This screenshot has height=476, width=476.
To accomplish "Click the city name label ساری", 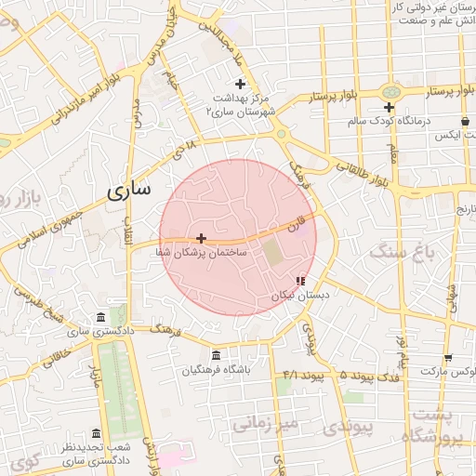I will pyautogui.click(x=127, y=192).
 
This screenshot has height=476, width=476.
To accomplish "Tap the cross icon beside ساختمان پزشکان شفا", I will pyautogui.click(x=201, y=238).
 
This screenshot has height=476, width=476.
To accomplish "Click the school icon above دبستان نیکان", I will pyautogui.click(x=299, y=280).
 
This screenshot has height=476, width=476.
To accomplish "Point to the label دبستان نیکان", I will pyautogui.click(x=299, y=294).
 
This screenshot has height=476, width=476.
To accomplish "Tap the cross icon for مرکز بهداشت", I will pyautogui.click(x=240, y=85).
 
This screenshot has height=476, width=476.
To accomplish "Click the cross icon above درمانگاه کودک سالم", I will pyautogui.click(x=389, y=108).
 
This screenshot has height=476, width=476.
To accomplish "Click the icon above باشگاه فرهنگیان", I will pyautogui.click(x=217, y=355).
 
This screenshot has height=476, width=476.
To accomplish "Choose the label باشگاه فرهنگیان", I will pyautogui.click(x=217, y=369).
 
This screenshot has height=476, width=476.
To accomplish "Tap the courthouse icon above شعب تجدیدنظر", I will pyautogui.click(x=96, y=433).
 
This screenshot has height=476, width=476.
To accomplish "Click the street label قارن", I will pyautogui.click(x=296, y=223).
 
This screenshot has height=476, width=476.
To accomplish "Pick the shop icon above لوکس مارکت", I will pyautogui.click(x=448, y=358).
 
